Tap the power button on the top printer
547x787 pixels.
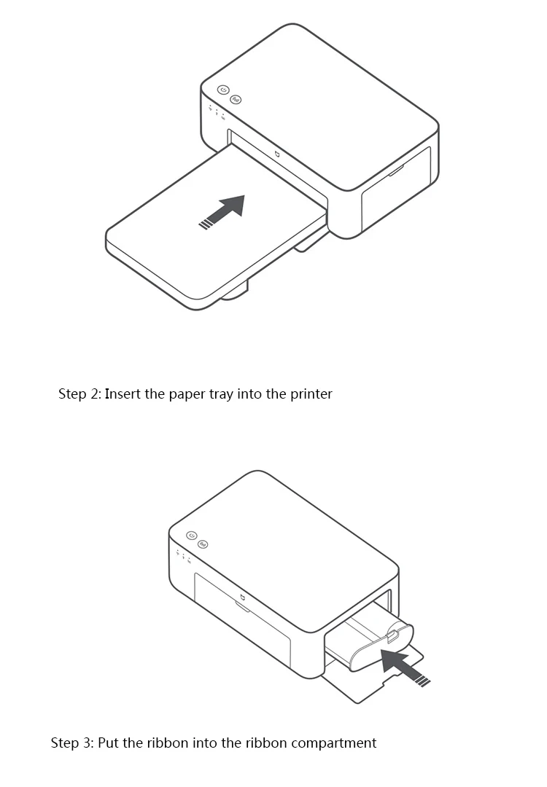point(223,90)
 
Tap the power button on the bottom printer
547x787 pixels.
point(192,535)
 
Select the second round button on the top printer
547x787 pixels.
point(236,99)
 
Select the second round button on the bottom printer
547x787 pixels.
point(203,544)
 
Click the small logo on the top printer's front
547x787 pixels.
point(278,154)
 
